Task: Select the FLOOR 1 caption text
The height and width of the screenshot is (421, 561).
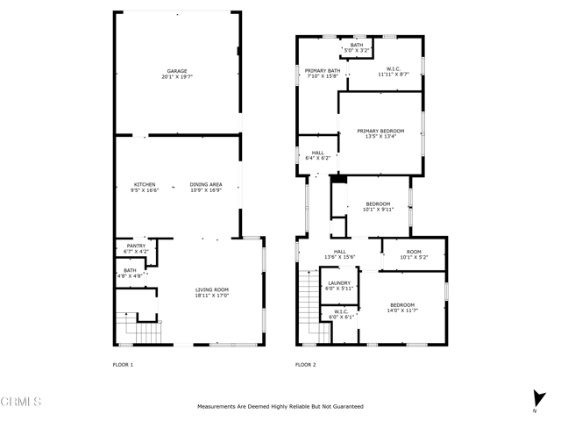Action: pos(124,363)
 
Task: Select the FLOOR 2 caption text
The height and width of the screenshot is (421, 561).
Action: pos(305,363)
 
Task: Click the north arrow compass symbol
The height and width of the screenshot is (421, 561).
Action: pos(534,399)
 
